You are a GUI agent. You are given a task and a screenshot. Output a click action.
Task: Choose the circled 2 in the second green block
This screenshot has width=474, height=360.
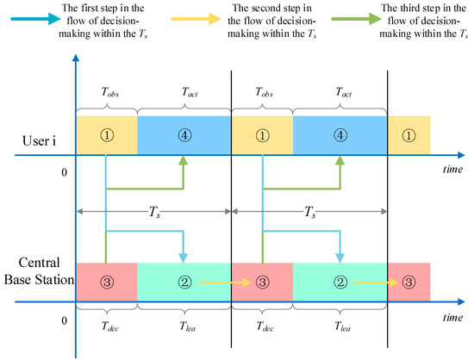pos(340,281)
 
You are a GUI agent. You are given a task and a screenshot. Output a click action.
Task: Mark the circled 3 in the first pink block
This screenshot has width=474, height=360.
pos(106,281)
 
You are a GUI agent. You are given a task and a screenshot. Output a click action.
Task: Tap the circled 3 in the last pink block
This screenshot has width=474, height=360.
pos(409,281)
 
